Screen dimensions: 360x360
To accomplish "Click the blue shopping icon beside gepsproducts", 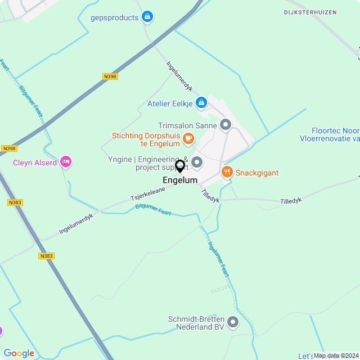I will pyautogui.click(x=147, y=17).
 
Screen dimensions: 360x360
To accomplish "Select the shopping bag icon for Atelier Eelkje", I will pyautogui.click(x=201, y=103).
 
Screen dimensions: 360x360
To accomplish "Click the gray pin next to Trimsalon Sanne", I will pyautogui.click(x=226, y=124).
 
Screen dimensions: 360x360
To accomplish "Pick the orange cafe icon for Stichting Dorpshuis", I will pyautogui.click(x=188, y=137).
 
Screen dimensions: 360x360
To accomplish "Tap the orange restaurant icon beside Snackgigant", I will pyautogui.click(x=227, y=172).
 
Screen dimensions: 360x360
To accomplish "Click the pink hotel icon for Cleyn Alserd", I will pyautogui.click(x=66, y=162).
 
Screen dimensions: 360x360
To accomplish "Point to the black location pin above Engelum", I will pyautogui.click(x=180, y=166).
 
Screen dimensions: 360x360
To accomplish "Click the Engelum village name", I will pyautogui.click(x=180, y=181).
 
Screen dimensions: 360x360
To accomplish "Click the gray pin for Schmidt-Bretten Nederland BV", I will pyautogui.click(x=233, y=322).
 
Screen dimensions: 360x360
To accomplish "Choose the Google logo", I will pyautogui.click(x=19, y=353).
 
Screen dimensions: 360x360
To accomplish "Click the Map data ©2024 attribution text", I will pyautogui.click(x=336, y=355).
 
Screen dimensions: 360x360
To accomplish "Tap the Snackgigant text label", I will pyautogui.click(x=257, y=173).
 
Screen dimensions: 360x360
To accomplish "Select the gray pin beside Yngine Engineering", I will pyautogui.click(x=197, y=163).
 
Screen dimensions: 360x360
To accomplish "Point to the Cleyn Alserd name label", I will pyautogui.click(x=35, y=163).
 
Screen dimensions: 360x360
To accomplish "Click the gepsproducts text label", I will pyautogui.click(x=114, y=17).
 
